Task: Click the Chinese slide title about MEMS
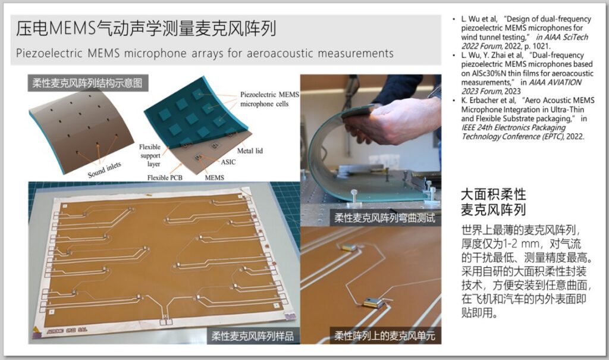click(x=146, y=29)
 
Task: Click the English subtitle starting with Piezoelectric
click(x=205, y=53)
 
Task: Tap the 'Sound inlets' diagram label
click(x=104, y=170)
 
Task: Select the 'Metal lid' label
click(x=250, y=151)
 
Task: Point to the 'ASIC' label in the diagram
click(x=228, y=162)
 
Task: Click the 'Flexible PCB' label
click(x=165, y=178)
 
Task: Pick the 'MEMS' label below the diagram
click(x=214, y=178)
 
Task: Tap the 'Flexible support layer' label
click(x=150, y=155)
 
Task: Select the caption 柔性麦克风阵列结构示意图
click(x=87, y=83)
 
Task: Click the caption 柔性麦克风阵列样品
click(x=252, y=336)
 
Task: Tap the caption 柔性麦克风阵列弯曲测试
click(x=385, y=218)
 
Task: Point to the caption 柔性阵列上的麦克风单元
click(x=385, y=336)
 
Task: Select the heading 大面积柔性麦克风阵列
click(x=493, y=202)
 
